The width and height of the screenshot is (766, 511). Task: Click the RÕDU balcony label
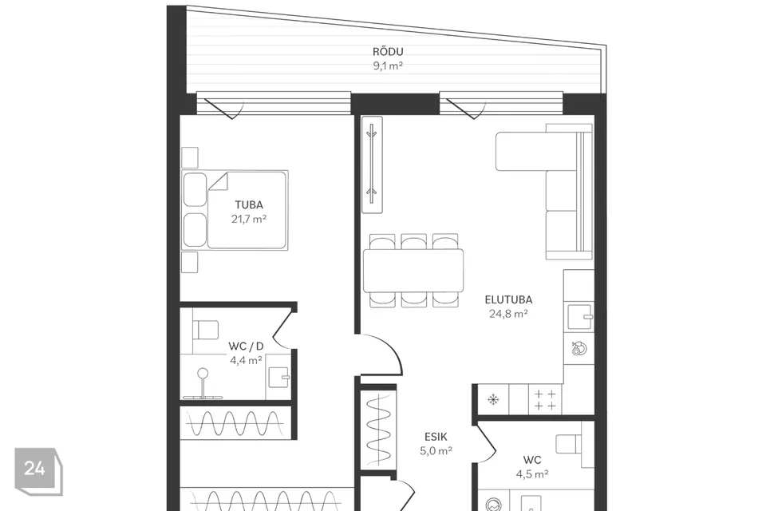pos(388,51)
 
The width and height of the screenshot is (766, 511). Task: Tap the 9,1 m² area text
pos(388,65)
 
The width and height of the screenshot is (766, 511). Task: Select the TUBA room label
pos(249,205)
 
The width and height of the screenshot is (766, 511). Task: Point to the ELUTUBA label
pos(508,299)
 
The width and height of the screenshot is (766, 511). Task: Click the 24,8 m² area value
pos(508,314)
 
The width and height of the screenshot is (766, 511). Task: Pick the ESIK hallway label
pos(436,437)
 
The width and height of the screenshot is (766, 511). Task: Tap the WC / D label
pos(246,347)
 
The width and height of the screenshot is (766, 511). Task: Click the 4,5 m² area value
pos(532,473)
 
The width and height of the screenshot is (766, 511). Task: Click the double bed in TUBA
pos(235,210)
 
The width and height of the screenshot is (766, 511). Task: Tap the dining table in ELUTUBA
pos(413,271)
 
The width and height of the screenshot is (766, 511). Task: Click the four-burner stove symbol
pos(545,400)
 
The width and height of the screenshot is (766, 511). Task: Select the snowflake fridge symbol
pos(493,400)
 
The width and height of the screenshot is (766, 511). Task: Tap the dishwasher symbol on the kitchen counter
pos(579,349)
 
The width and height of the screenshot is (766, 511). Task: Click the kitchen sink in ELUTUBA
pos(580,317)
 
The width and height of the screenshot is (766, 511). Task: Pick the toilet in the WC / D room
pos(205,330)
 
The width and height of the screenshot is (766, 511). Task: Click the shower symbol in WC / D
pos(203,384)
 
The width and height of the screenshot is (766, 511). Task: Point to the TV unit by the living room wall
pos(372,164)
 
